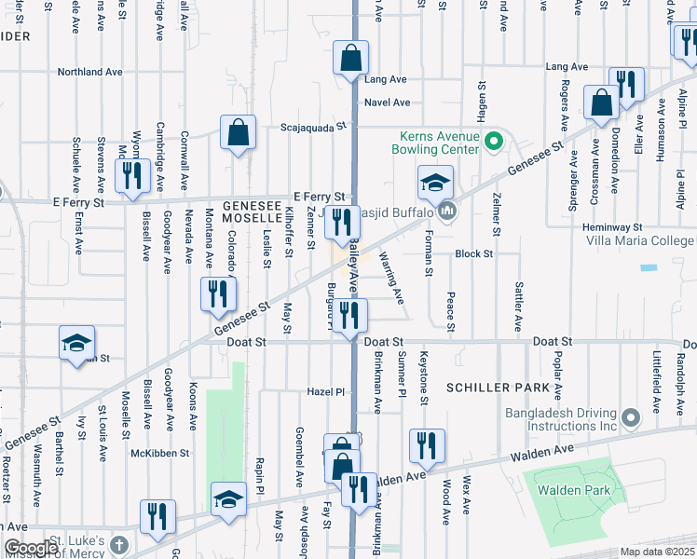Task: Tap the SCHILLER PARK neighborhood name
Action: (x=493, y=387)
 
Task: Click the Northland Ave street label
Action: (x=90, y=71)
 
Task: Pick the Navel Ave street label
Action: (x=388, y=102)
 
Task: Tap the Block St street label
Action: (x=473, y=253)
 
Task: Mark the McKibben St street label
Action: (x=159, y=453)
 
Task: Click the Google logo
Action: (x=31, y=548)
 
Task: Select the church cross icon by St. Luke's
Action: (x=117, y=544)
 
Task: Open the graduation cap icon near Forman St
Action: (x=434, y=183)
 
